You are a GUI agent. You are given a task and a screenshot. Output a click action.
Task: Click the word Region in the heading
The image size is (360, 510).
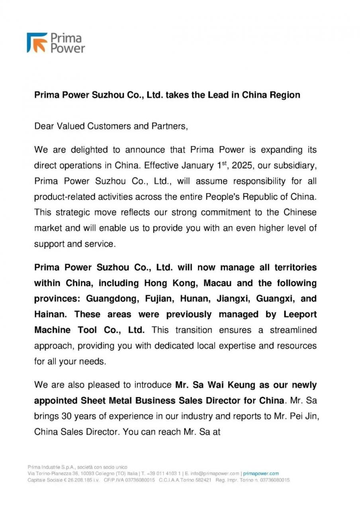click(285, 95)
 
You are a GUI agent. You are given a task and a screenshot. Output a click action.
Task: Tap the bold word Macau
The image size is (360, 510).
click(218, 283)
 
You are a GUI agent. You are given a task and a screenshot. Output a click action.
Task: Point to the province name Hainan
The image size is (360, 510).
click(50, 314)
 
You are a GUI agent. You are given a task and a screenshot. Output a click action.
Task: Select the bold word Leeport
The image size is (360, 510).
click(300, 314)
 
